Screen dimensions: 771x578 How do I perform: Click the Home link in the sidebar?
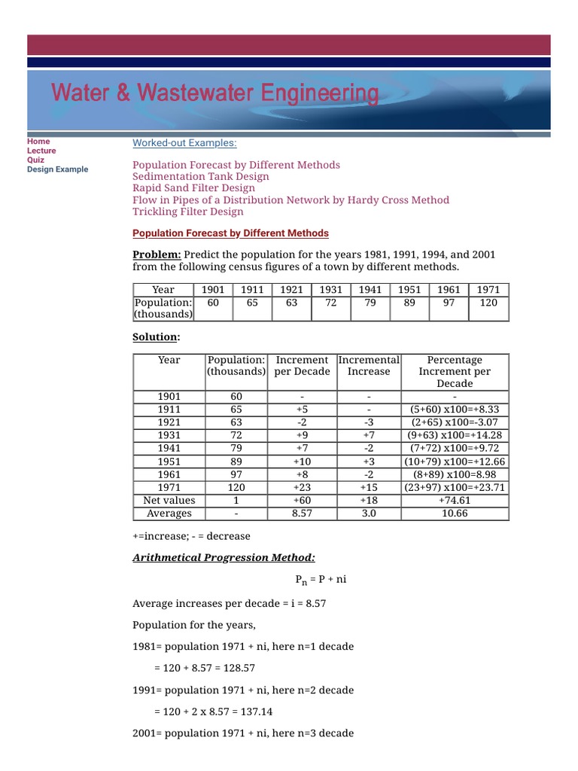click(x=38, y=141)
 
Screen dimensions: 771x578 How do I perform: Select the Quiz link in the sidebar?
click(x=35, y=160)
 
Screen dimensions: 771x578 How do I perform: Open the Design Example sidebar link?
click(x=57, y=169)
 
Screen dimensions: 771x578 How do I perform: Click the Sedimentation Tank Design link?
click(x=200, y=176)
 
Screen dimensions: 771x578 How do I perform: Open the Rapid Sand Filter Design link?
click(x=193, y=188)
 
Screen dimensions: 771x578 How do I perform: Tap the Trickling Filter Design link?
click(x=188, y=212)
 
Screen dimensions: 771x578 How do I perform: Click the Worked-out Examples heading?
click(x=184, y=143)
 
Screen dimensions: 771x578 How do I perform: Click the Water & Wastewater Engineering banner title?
click(x=215, y=94)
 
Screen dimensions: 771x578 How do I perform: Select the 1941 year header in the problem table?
click(x=370, y=290)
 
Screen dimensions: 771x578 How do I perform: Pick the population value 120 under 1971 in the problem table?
click(x=489, y=302)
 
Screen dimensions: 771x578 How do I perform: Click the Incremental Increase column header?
click(x=369, y=366)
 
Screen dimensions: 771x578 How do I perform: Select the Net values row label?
click(x=169, y=500)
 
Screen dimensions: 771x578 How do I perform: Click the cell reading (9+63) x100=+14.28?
click(x=455, y=435)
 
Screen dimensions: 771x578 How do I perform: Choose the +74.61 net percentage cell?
click(x=455, y=500)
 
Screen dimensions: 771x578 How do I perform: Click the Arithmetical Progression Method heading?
click(x=224, y=557)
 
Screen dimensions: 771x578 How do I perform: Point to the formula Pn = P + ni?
click(x=320, y=581)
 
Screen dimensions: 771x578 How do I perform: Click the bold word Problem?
click(x=157, y=254)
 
